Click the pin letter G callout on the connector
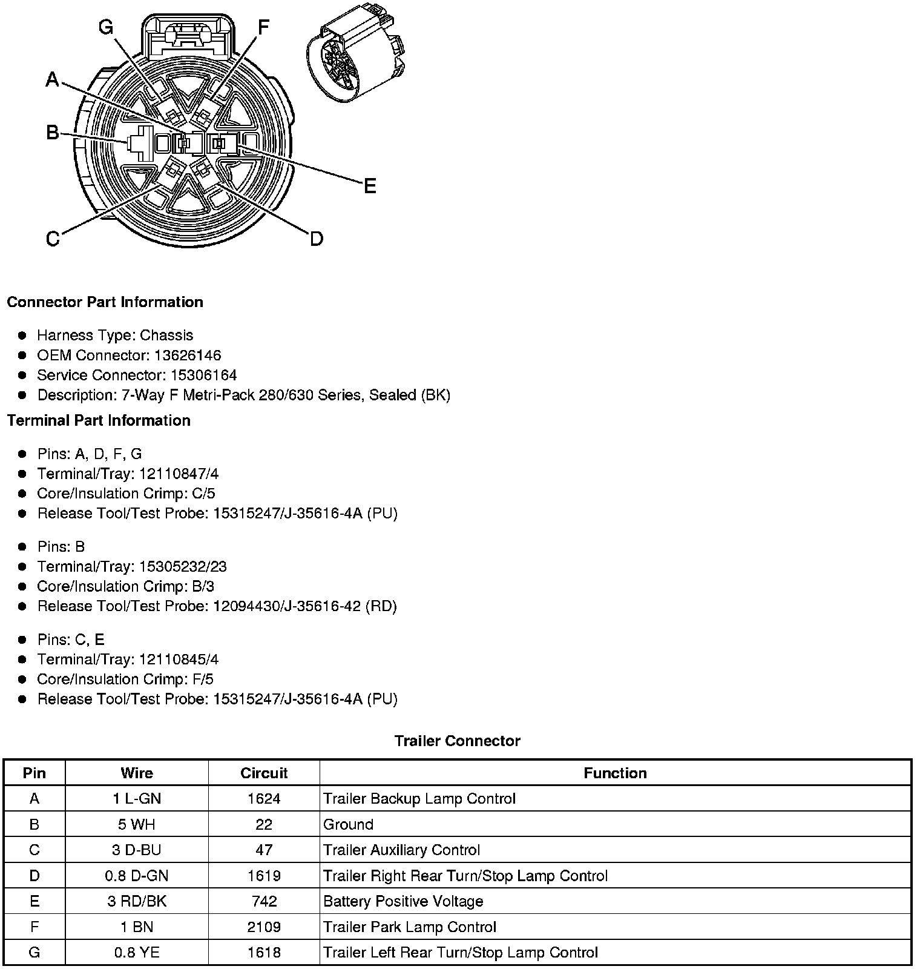106,27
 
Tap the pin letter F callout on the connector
263,27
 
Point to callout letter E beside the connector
370,186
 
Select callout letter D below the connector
317,239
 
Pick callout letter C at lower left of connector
53,239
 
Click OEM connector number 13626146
187,355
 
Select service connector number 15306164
194,375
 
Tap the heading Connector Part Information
105,302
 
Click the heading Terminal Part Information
99,420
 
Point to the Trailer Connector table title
457,741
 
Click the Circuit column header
264,773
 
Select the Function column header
615,773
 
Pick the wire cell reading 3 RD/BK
137,901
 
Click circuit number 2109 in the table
264,927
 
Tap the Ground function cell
348,824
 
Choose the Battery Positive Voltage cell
403,901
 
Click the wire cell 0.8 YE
137,952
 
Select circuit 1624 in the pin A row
264,798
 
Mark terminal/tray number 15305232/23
183,566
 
